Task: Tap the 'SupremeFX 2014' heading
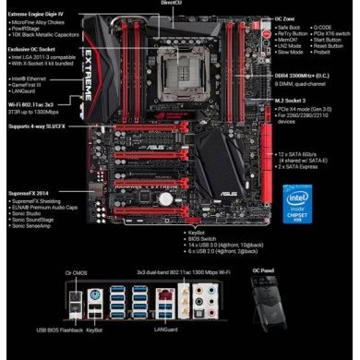point(30,193)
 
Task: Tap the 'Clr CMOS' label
point(75,274)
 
